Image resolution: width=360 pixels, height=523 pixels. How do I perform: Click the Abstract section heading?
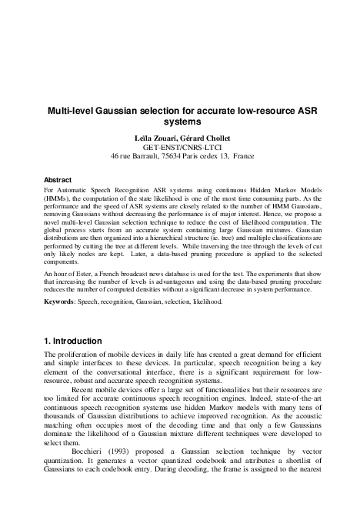coord(58,179)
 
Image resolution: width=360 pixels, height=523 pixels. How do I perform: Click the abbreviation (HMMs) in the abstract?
coord(58,198)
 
